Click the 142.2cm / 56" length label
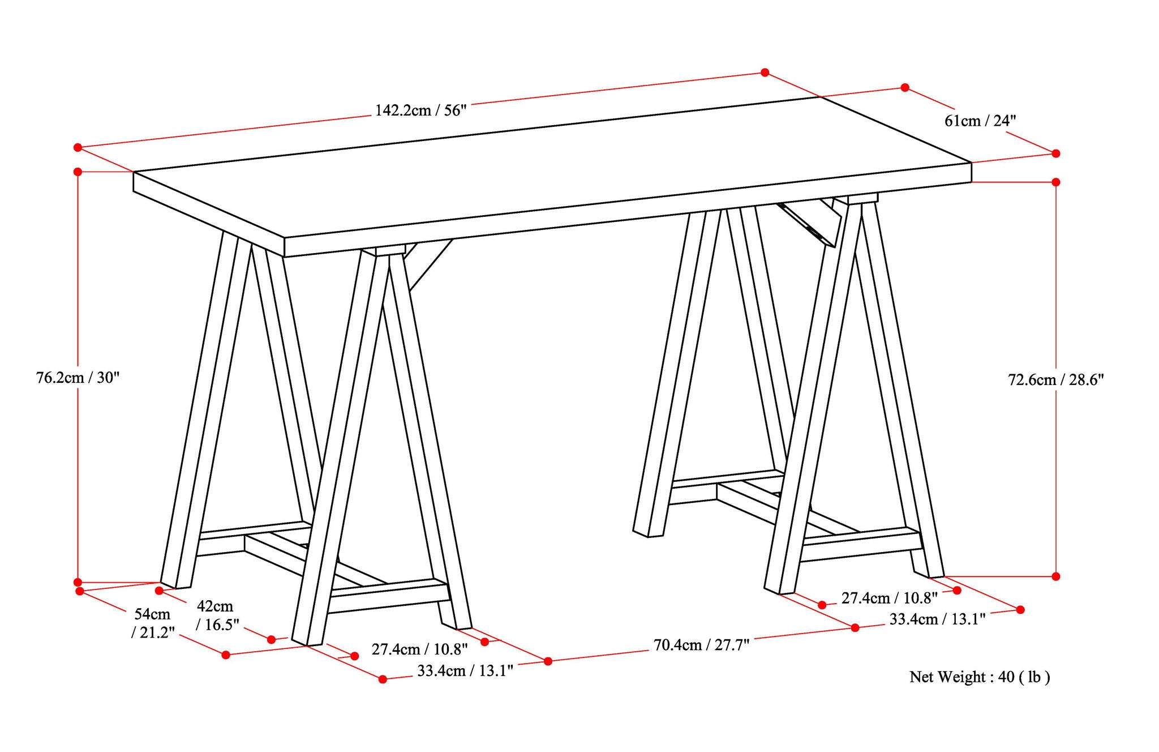(x=420, y=110)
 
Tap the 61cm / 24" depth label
(x=980, y=121)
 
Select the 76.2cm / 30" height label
(x=78, y=378)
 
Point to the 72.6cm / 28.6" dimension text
(x=1056, y=379)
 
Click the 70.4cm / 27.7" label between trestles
(x=701, y=645)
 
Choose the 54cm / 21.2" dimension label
(x=152, y=623)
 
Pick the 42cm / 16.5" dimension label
(x=217, y=615)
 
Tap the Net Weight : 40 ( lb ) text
(x=980, y=677)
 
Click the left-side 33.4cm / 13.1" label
(x=465, y=671)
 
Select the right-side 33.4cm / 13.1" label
(x=937, y=619)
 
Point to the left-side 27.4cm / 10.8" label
(x=419, y=649)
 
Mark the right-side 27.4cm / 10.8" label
(x=889, y=598)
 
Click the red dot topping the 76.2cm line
(x=78, y=172)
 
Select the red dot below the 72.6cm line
(x=1055, y=576)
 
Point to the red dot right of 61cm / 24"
(x=1055, y=153)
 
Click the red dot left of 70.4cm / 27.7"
(x=548, y=661)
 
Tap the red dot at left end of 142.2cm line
(x=78, y=148)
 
